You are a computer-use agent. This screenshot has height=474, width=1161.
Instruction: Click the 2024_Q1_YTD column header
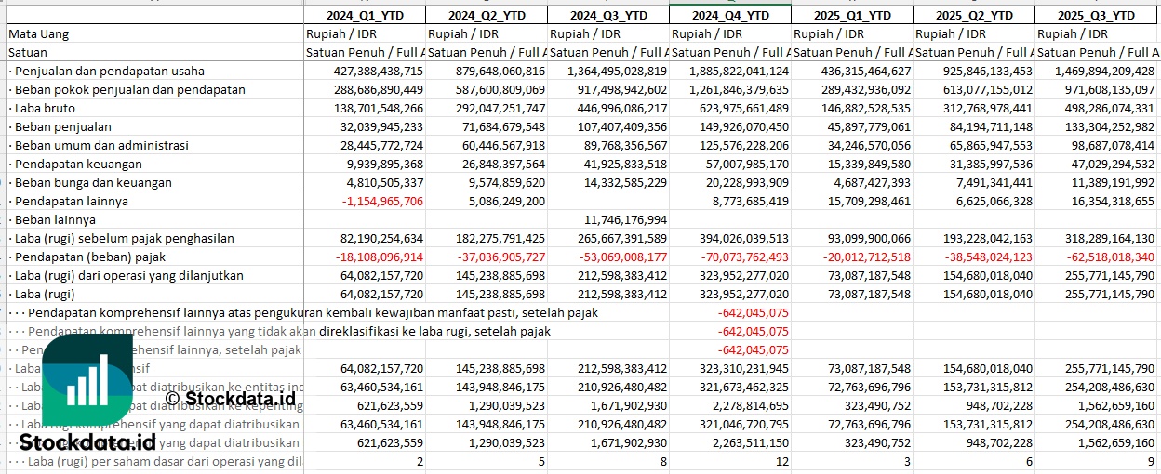pyautogui.click(x=365, y=15)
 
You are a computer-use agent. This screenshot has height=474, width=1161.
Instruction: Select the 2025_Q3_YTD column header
pyautogui.click(x=1098, y=15)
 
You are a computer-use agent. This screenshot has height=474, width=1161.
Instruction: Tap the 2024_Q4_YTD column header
pyautogui.click(x=731, y=15)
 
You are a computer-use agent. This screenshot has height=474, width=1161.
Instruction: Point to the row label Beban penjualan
pyautogui.click(x=60, y=126)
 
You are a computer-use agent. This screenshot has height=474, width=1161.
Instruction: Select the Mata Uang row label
pyautogui.click(x=39, y=33)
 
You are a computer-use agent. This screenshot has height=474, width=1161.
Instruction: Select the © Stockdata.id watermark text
pyautogui.click(x=230, y=399)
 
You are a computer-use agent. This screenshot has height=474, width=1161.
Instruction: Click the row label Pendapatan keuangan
pyautogui.click(x=69, y=164)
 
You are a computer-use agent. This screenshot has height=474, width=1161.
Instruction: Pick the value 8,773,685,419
pyautogui.click(x=741, y=201)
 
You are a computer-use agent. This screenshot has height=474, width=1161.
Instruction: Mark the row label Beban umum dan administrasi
pyautogui.click(x=98, y=145)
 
